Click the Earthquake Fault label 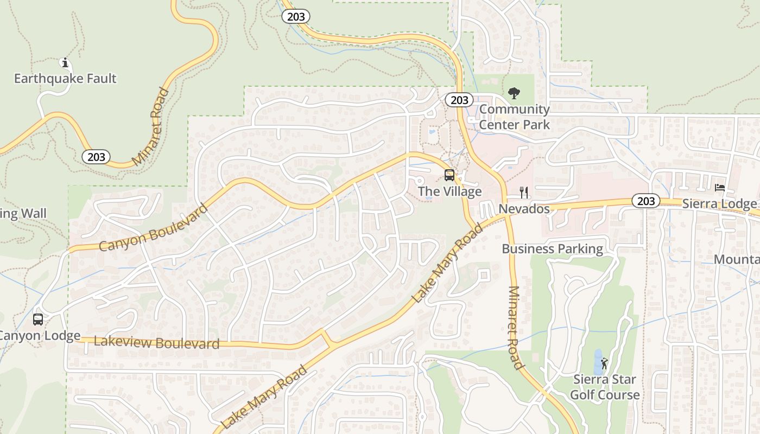pos(65,79)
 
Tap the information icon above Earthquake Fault pos(65,63)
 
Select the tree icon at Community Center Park pos(514,93)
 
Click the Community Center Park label pos(514,117)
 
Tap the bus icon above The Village pos(449,175)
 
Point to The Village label pos(449,192)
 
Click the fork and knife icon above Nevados pos(524,193)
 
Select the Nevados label pos(524,209)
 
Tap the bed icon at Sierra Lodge pos(720,188)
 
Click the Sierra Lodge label pos(719,204)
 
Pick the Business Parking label pos(552,249)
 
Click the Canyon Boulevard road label pos(154,228)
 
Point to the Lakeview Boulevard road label pos(157,343)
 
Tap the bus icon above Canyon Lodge pos(38,320)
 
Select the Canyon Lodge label pos(39,336)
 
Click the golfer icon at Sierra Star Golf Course pos(605,363)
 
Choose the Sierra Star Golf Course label pos(605,387)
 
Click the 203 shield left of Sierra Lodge pos(646,201)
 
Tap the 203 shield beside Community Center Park pos(459,100)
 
